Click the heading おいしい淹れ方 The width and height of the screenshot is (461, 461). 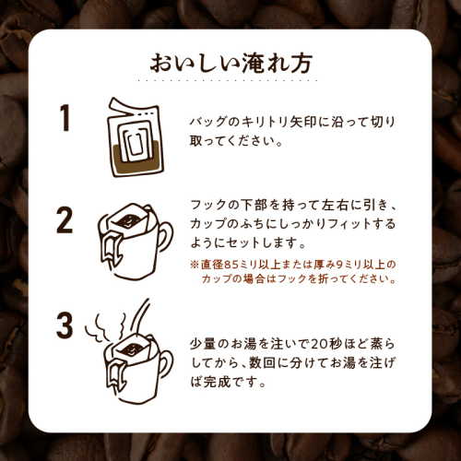point(231,63)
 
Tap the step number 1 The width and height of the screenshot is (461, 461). point(65,118)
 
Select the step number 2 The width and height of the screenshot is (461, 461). point(65,220)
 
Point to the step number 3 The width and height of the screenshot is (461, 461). point(65,325)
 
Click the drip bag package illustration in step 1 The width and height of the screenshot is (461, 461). point(136,137)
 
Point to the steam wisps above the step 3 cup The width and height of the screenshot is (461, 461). point(106,327)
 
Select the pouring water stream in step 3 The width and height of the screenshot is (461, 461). point(140,316)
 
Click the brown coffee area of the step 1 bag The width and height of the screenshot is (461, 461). point(136,160)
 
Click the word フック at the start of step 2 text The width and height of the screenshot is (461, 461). point(207,205)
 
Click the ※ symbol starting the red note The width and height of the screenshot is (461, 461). point(195,265)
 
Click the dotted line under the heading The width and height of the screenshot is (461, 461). point(228,80)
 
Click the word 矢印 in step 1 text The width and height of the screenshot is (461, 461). point(303,122)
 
